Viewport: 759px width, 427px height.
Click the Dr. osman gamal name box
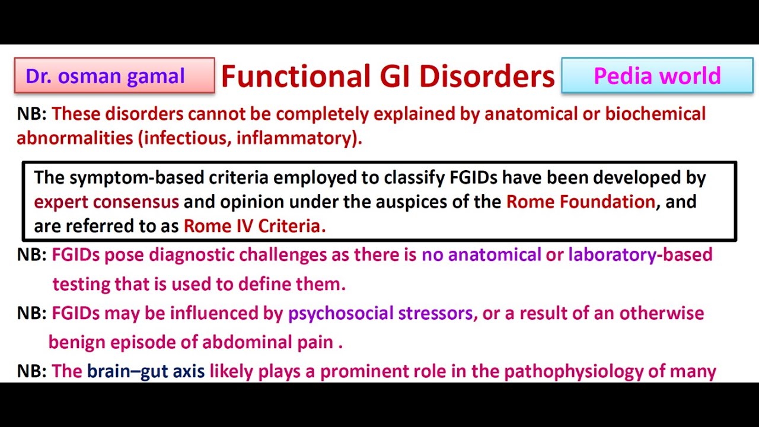pyautogui.click(x=114, y=76)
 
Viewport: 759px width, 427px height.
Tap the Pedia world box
pyautogui.click(x=656, y=76)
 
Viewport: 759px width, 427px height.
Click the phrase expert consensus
pyautogui.click(x=106, y=202)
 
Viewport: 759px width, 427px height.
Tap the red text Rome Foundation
pyautogui.click(x=580, y=202)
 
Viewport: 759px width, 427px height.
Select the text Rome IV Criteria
pyautogui.click(x=254, y=226)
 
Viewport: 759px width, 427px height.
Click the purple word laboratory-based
pyautogui.click(x=640, y=255)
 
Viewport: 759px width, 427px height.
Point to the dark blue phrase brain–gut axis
pyautogui.click(x=146, y=372)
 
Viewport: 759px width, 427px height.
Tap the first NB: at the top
pyautogui.click(x=31, y=113)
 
